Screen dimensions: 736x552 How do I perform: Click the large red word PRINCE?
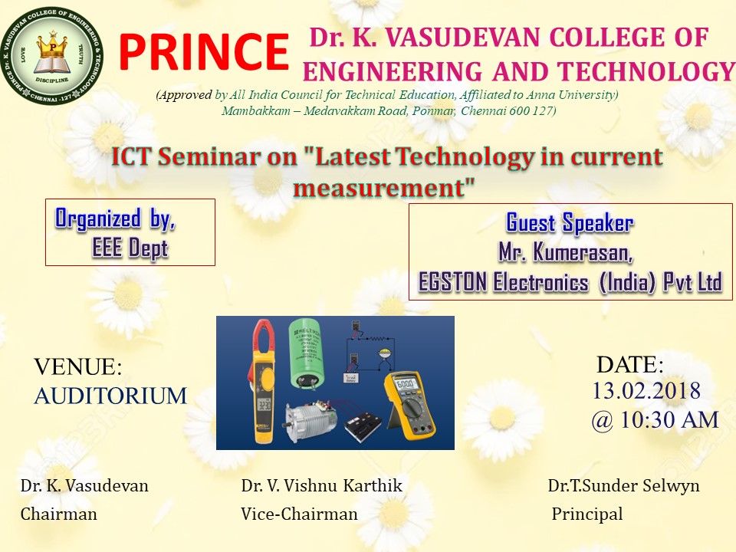point(204,51)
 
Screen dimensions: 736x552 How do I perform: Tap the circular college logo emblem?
point(52,55)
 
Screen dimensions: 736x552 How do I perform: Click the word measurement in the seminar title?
point(378,188)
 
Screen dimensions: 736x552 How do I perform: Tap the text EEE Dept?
point(130,248)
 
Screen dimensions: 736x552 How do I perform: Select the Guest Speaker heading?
point(570,222)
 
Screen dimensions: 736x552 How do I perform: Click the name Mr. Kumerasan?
point(566,251)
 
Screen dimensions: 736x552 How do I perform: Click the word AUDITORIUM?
point(110,396)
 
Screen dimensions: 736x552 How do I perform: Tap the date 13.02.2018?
point(646,390)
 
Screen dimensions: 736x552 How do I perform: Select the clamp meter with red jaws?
point(262,381)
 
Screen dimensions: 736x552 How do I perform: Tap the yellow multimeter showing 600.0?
point(409,406)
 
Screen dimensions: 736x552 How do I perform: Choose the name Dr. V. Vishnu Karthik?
point(321,485)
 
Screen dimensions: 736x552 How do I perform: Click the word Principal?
point(587,514)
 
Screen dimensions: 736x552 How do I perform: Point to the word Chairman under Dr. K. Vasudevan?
point(59,514)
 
